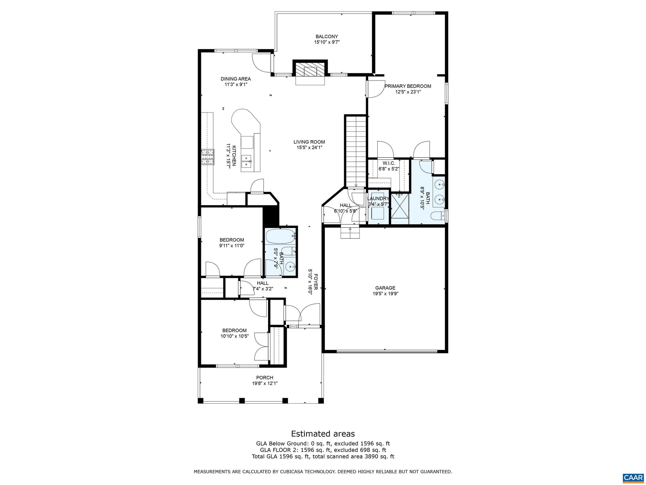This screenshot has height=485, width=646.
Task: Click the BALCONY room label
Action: pos(326,37)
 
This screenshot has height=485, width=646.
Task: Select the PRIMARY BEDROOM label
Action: pos(408,86)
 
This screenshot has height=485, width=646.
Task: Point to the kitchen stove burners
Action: pos(208,157)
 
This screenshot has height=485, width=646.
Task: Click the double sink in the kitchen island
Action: pos(246,161)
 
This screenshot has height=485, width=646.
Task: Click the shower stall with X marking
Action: pos(400,209)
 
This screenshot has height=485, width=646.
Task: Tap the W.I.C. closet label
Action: pos(389,163)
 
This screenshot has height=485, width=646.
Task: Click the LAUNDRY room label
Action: pos(378,198)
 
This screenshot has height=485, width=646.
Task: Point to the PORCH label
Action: pos(265,378)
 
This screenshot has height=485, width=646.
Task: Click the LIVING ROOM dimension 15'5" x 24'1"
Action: pos(309,147)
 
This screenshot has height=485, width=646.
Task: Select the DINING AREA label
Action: pos(236,79)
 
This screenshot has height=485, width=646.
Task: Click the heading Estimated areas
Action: pos(323,434)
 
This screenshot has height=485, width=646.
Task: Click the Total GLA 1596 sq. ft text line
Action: pos(323,456)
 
